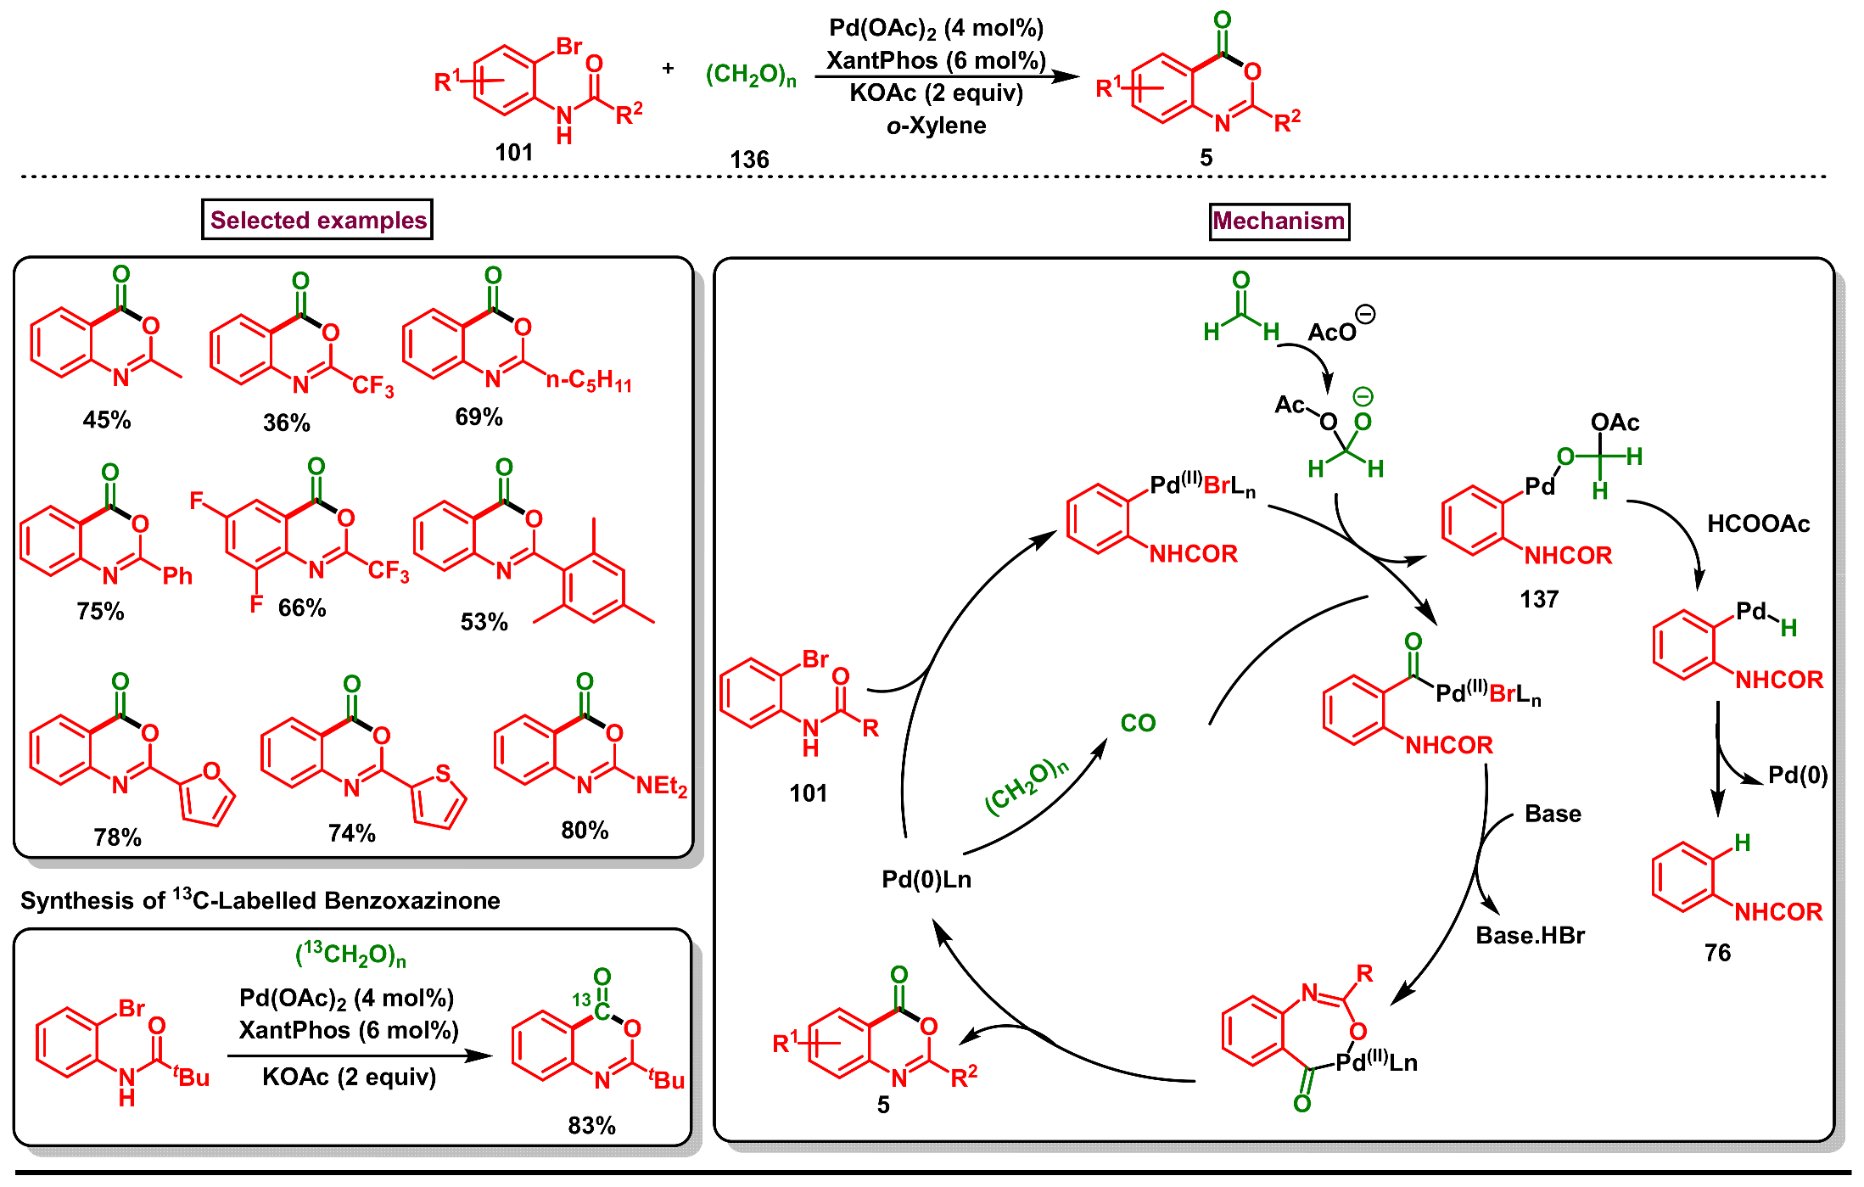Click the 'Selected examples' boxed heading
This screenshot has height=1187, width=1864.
(x=317, y=220)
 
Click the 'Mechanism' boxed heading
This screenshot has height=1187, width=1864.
(x=1278, y=221)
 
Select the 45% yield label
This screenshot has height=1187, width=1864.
(x=107, y=420)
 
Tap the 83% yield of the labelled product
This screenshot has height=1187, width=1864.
(x=591, y=1125)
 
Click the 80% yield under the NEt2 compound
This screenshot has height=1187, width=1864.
(x=585, y=830)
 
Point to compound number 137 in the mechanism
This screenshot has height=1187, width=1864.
(x=1539, y=600)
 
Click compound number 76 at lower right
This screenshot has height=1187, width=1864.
(x=1717, y=953)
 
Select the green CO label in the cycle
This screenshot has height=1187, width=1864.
(x=1138, y=723)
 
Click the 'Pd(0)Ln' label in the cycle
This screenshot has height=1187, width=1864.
(x=926, y=879)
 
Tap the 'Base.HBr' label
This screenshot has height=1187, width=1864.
(x=1530, y=935)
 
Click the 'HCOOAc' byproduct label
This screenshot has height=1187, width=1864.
(x=1758, y=524)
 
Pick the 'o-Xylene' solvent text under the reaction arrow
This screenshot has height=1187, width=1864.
(x=936, y=126)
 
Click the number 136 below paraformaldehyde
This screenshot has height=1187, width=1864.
(x=749, y=159)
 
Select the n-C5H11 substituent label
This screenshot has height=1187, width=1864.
(x=590, y=380)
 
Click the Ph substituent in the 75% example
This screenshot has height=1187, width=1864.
(x=177, y=576)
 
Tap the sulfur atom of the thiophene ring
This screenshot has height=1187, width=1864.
(x=443, y=772)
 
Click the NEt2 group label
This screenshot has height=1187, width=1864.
(x=661, y=786)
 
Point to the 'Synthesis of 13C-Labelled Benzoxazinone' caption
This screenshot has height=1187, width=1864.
(x=260, y=899)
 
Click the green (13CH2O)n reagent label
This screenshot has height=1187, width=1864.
(x=350, y=955)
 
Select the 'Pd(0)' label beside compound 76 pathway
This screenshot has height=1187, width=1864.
(x=1797, y=775)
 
